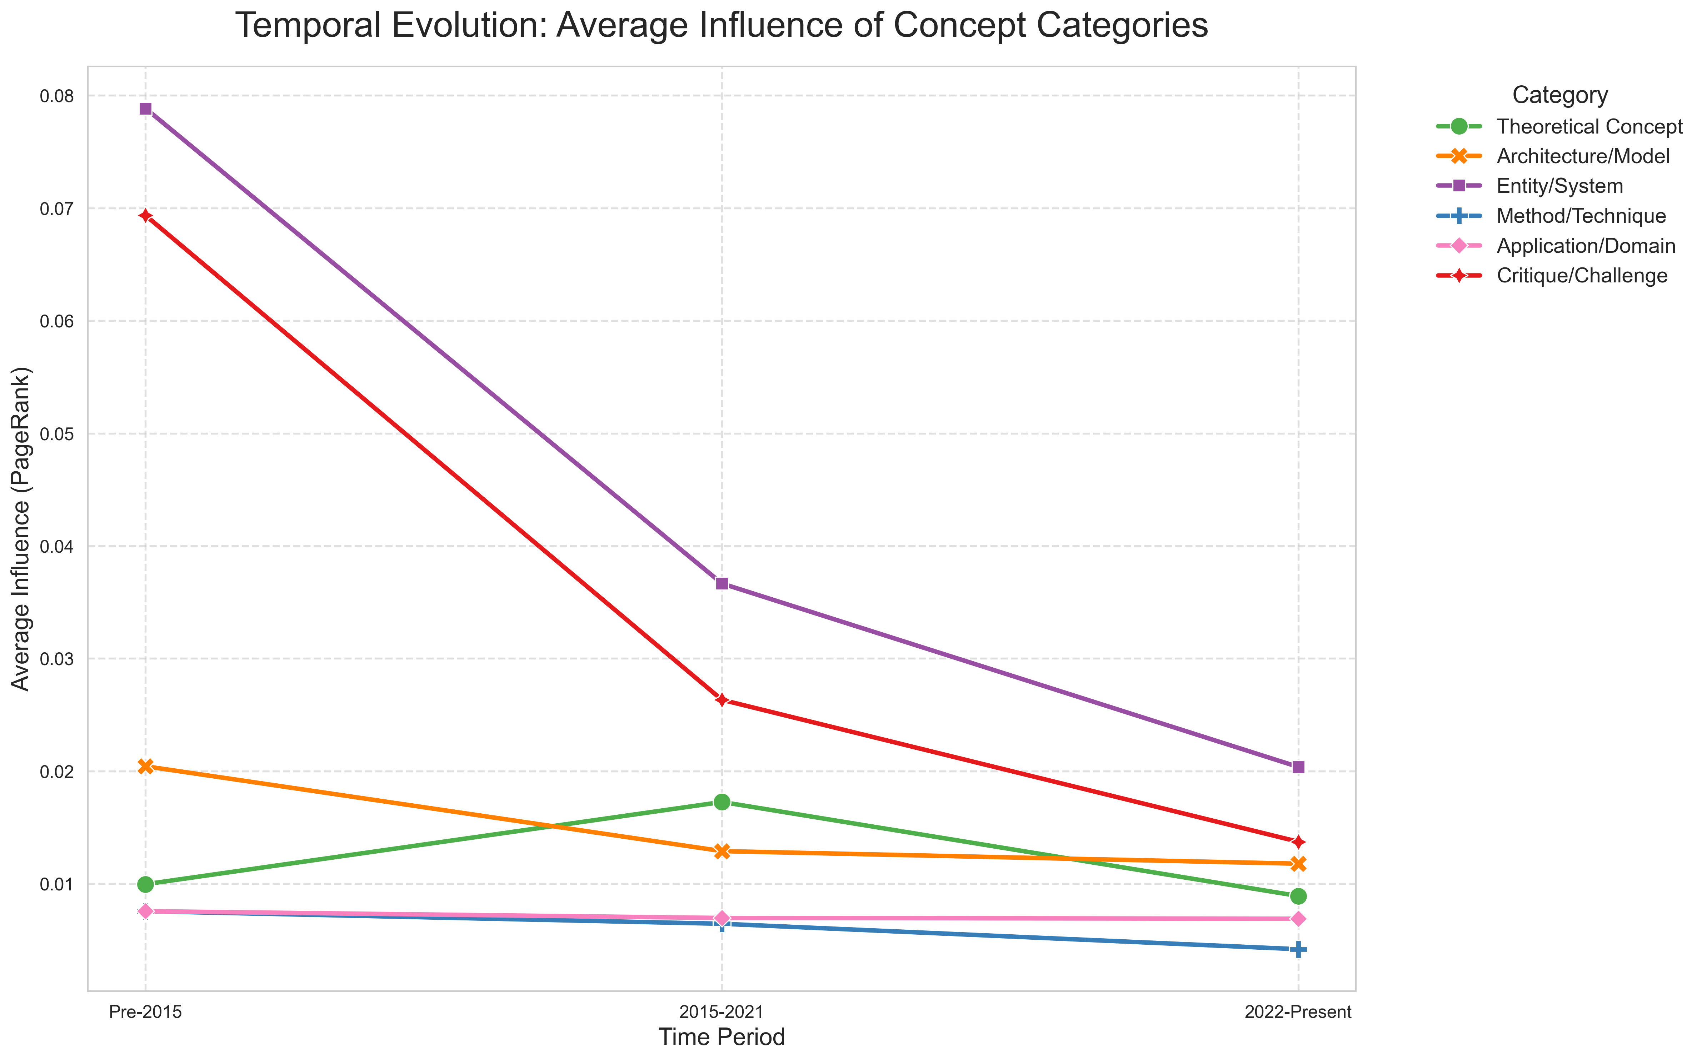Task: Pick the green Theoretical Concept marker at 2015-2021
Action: click(x=722, y=802)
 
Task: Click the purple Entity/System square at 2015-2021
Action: click(x=722, y=583)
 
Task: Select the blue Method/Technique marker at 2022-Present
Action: click(x=1298, y=949)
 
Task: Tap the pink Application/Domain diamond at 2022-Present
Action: click(x=1298, y=918)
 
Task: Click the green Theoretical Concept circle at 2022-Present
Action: click(x=1298, y=896)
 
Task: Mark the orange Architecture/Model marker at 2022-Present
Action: click(x=1298, y=864)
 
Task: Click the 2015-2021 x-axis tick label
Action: click(x=722, y=1012)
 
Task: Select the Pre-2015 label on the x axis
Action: click(x=146, y=1012)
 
